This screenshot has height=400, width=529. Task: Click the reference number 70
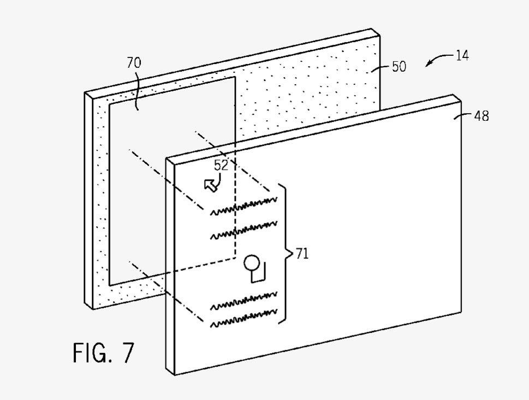(134, 63)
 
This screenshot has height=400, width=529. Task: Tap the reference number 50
(399, 67)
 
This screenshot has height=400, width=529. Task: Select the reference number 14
(462, 55)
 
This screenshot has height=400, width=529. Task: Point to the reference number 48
(482, 116)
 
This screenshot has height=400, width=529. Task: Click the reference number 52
(221, 165)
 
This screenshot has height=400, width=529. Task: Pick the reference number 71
(302, 254)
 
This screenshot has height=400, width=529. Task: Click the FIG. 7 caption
(104, 352)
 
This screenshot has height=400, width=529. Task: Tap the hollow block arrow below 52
(210, 185)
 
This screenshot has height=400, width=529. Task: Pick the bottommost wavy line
(244, 318)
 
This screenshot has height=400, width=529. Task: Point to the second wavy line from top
(244, 231)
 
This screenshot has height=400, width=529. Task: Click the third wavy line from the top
(244, 301)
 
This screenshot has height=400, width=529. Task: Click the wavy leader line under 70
(136, 90)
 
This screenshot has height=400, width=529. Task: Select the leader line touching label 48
(463, 116)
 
